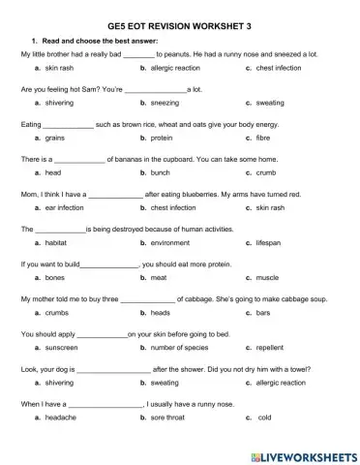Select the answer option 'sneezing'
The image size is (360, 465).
[165, 102]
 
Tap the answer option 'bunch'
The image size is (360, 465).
[161, 172]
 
